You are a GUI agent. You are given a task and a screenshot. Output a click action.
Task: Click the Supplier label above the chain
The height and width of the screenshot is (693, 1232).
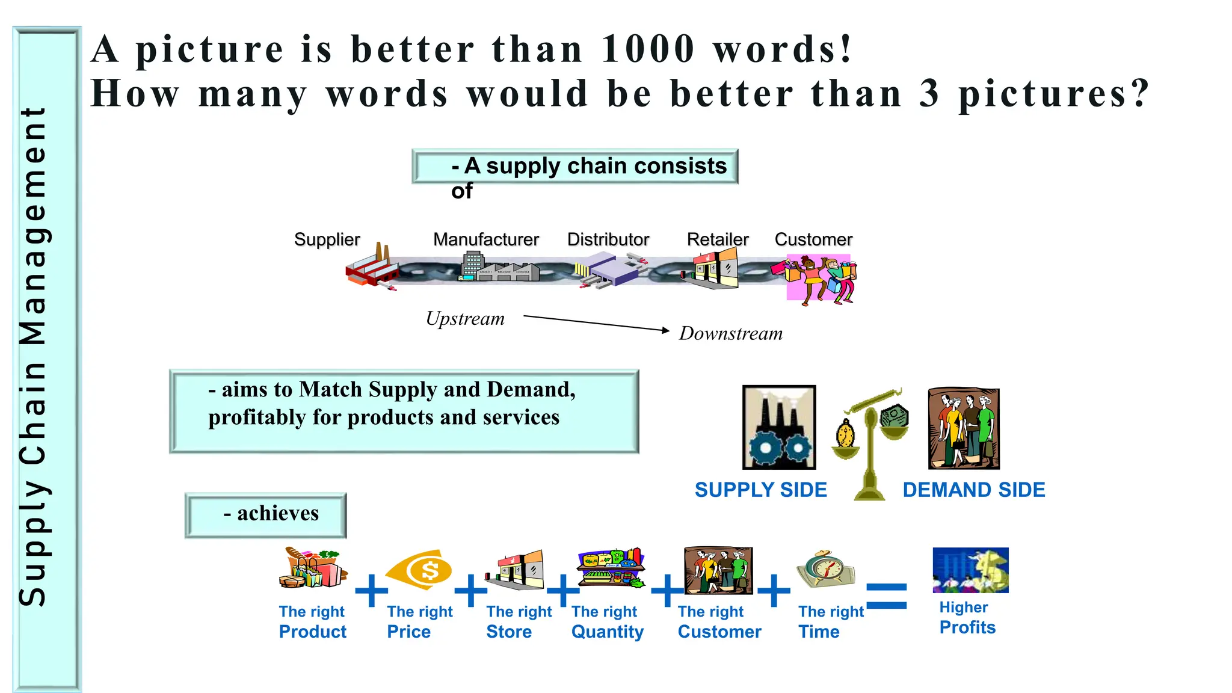[x=327, y=239]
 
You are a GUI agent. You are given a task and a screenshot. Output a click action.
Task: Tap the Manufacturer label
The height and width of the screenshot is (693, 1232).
[x=485, y=239]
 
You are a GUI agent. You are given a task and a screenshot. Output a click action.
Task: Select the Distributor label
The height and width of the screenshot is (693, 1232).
[x=608, y=239]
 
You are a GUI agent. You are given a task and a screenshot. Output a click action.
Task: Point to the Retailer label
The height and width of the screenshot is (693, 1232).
[x=717, y=239]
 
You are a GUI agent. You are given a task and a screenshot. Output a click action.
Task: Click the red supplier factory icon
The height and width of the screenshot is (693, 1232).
[x=371, y=268]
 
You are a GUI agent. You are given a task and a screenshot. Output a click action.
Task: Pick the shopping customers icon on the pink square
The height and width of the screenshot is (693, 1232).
[x=821, y=279]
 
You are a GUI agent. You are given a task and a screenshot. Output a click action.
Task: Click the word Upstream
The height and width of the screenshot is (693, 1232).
[x=465, y=319]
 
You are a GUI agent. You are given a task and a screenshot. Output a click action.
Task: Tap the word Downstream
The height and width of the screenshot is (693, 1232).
[x=730, y=334]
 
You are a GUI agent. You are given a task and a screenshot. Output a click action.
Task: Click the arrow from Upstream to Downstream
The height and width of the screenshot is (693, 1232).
[x=596, y=323]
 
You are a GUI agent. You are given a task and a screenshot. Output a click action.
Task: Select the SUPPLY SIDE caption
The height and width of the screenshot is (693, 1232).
[x=760, y=490]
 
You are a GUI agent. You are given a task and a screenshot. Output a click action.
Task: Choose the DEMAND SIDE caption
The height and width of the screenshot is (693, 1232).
[x=973, y=490]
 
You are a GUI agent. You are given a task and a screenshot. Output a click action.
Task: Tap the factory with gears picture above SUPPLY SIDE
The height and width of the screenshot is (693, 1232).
[x=779, y=427]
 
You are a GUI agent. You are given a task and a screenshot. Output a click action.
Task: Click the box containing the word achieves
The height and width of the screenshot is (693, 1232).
[x=265, y=515]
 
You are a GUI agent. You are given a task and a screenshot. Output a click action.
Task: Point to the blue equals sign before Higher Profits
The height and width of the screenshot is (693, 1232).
[x=886, y=596]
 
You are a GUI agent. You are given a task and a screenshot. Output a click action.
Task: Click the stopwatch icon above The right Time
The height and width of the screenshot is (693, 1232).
[x=825, y=568]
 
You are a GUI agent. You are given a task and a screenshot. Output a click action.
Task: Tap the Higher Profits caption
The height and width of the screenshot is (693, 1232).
[x=967, y=618]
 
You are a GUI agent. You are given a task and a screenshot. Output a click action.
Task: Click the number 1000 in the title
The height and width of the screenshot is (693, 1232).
[x=648, y=49]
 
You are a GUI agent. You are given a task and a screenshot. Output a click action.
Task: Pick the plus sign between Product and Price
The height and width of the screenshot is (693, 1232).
[x=371, y=591]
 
